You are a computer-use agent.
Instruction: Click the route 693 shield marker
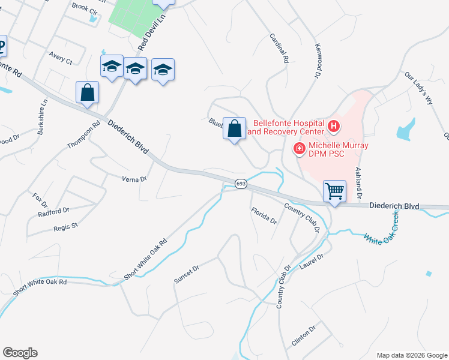tap(240, 184)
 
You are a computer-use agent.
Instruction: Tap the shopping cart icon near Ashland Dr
tap(334, 191)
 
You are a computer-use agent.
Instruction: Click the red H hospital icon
tap(333, 127)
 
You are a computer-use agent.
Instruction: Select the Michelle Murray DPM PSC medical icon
tap(298, 148)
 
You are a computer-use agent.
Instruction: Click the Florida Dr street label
tap(264, 215)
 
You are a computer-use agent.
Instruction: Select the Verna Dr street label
tap(134, 179)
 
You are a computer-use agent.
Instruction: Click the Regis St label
tap(66, 226)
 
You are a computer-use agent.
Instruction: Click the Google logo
tap(20, 353)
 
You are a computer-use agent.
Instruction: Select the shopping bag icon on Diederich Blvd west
tap(87, 93)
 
